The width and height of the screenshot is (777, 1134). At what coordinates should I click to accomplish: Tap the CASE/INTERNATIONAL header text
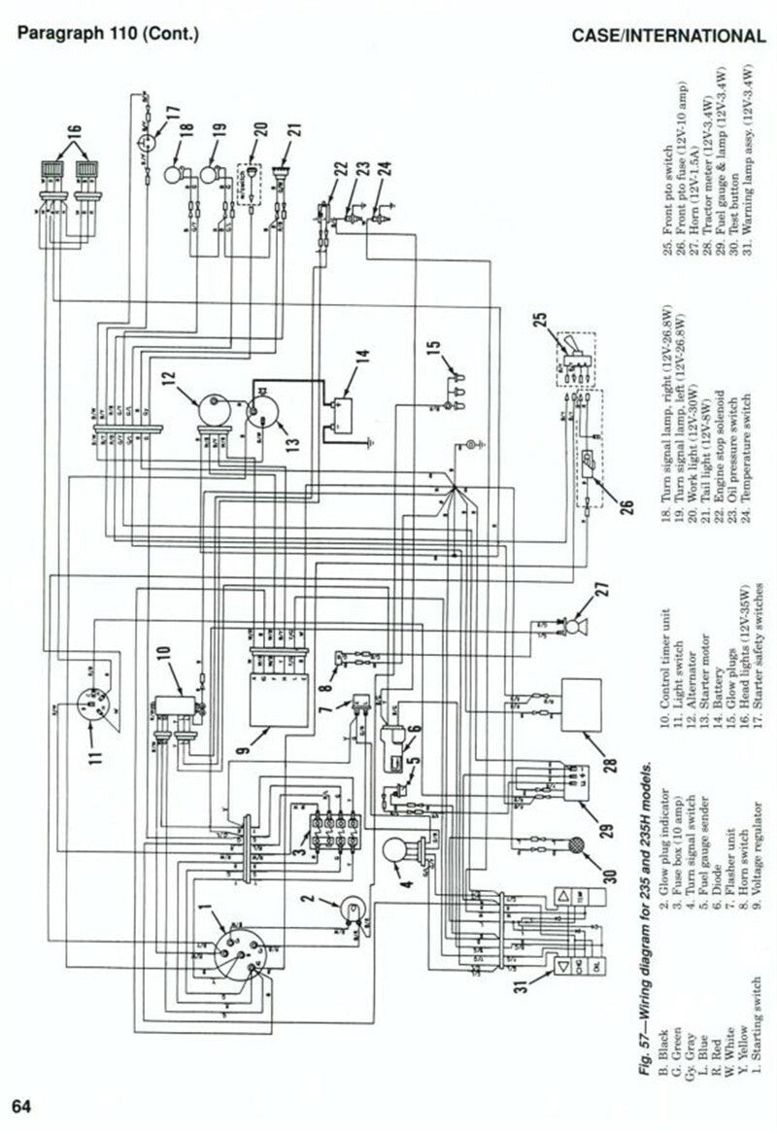pos(667,36)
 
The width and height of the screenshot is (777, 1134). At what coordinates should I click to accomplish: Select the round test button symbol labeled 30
pos(580,844)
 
